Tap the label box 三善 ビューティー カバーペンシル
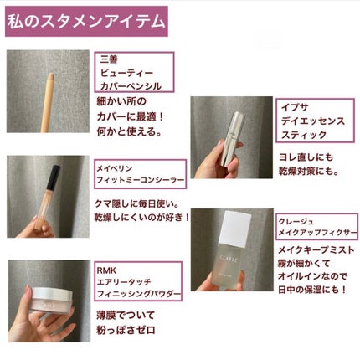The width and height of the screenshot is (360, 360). [x=137, y=72]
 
